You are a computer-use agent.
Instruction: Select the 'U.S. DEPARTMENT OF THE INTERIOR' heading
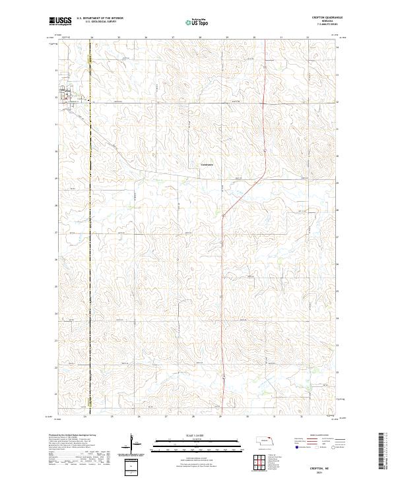[x=100, y=18]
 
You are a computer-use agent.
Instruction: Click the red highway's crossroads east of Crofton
[x=264, y=103]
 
